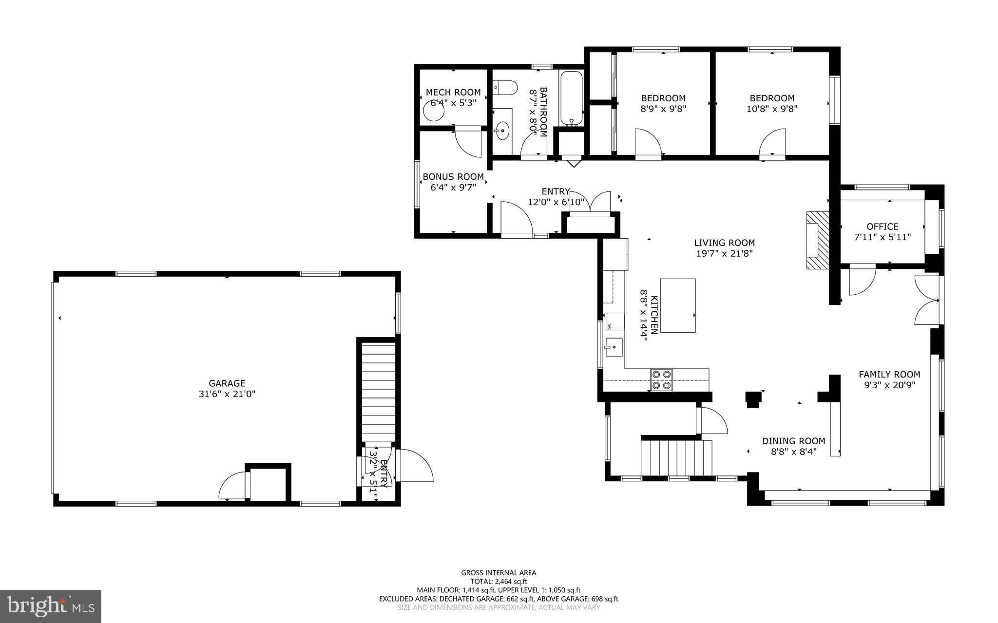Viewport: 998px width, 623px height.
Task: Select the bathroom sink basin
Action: tap(502, 131)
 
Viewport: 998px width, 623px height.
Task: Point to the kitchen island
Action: tap(677, 305)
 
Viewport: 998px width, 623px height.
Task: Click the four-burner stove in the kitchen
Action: tap(662, 380)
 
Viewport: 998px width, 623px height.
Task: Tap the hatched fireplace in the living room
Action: tap(817, 240)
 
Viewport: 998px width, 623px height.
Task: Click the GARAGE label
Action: tap(227, 383)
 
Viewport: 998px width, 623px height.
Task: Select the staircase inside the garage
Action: tap(379, 392)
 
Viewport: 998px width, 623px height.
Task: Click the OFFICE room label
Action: tap(882, 227)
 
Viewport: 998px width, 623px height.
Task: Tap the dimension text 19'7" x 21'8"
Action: tap(724, 253)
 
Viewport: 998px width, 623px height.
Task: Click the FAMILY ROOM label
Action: tap(889, 374)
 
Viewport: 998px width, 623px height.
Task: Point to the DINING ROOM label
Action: tap(793, 441)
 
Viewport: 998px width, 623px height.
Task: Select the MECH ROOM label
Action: tap(453, 92)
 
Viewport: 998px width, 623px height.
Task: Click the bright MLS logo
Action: tap(51, 606)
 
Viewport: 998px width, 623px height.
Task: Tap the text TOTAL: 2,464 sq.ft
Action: tap(499, 581)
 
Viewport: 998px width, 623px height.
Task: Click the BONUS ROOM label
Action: tap(453, 177)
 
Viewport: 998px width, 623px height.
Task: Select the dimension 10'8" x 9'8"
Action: tap(772, 109)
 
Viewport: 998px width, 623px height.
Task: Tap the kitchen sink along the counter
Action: tap(614, 347)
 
